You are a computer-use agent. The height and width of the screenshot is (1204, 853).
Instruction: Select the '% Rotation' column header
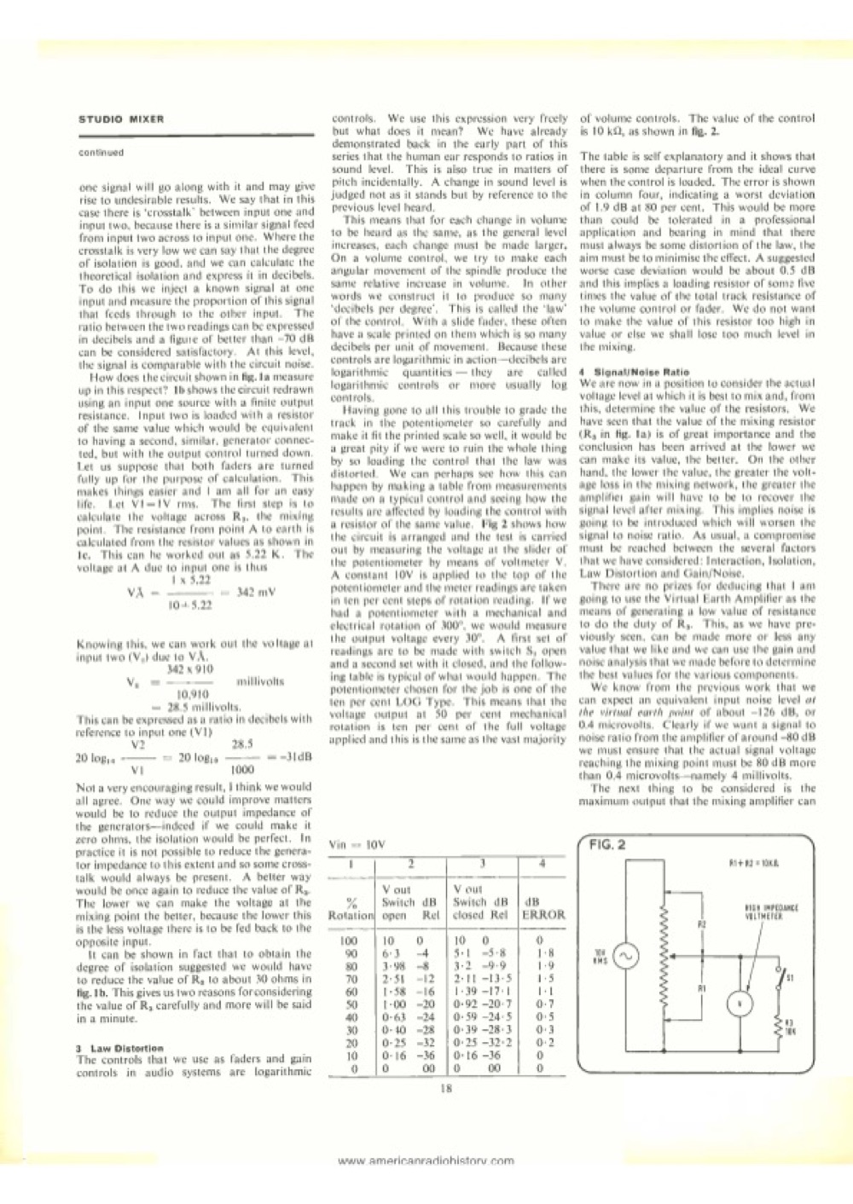[351, 906]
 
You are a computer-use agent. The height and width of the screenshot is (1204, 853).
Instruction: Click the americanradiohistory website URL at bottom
[426, 1161]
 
